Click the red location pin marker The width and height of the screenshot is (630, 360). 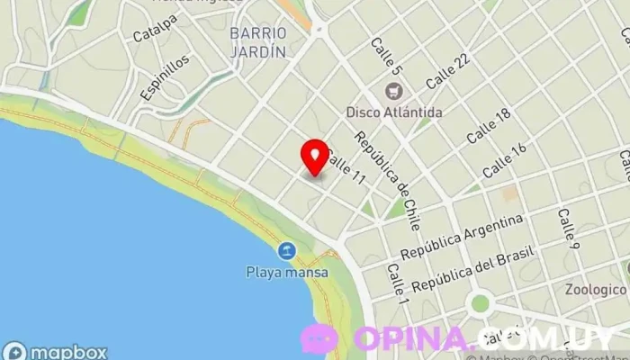point(314,156)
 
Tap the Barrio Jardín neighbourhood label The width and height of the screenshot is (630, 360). point(257,42)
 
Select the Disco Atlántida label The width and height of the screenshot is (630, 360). point(394,112)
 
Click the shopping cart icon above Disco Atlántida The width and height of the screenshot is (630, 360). point(393,91)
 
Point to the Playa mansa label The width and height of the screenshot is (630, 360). point(287,271)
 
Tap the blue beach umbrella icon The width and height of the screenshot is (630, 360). point(287,250)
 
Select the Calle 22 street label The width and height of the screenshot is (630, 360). point(447,71)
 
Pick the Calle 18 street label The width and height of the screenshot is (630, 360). point(489,126)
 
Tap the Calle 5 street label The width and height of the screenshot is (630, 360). point(384,55)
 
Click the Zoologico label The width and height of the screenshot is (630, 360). point(596,290)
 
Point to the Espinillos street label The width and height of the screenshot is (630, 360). point(166,76)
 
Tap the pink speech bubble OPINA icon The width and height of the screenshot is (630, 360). point(319,338)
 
